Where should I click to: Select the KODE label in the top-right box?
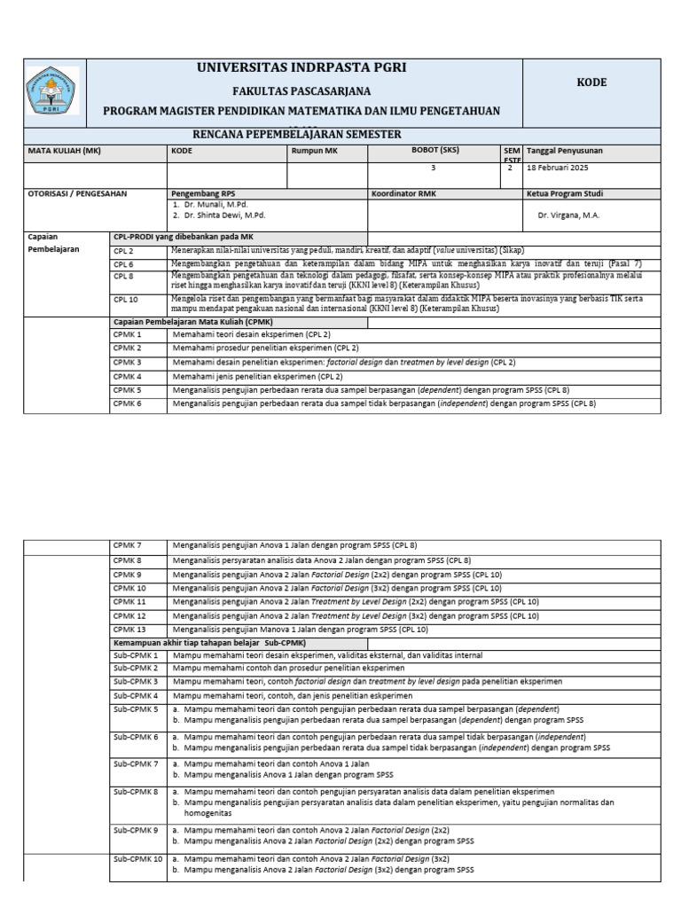(591, 82)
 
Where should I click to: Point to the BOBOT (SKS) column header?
(434, 150)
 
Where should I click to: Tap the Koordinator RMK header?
(409, 192)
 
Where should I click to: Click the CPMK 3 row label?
(127, 362)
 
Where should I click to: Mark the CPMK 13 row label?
(129, 629)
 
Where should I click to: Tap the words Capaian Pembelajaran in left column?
(55, 243)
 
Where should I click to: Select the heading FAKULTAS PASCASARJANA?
(301, 91)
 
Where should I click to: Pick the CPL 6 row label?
(124, 264)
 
